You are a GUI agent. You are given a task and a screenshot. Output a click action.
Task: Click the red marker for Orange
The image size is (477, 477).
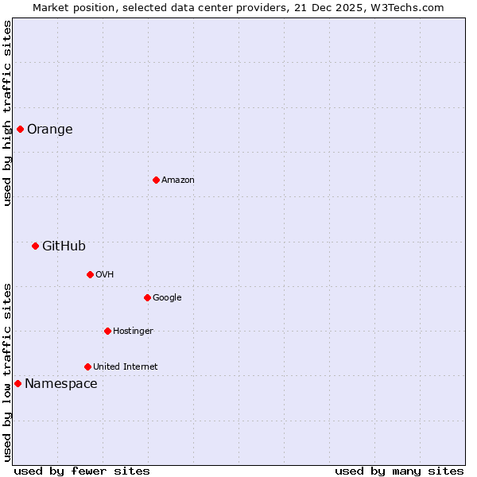(x=20, y=129)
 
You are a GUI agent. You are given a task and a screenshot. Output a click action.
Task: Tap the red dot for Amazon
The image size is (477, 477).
(x=156, y=180)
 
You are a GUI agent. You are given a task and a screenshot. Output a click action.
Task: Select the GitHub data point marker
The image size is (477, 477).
(x=35, y=246)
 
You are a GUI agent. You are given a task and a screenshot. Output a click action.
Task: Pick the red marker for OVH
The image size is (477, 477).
(x=90, y=274)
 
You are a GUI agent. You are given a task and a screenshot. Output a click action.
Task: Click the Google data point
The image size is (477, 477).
(x=147, y=297)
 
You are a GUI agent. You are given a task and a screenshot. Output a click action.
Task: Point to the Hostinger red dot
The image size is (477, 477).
(x=107, y=331)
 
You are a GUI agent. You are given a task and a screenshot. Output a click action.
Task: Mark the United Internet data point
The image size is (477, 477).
(x=87, y=366)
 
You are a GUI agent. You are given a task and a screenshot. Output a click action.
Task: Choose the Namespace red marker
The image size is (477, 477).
(x=17, y=383)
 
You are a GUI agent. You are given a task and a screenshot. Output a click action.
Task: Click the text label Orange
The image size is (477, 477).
(x=49, y=130)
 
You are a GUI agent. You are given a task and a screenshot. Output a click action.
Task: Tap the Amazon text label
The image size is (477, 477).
(x=177, y=180)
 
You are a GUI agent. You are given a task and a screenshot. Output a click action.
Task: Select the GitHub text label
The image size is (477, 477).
(x=64, y=246)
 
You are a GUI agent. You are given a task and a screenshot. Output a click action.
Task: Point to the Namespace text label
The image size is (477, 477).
(x=61, y=384)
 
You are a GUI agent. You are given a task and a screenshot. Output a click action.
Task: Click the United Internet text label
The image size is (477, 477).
(x=125, y=367)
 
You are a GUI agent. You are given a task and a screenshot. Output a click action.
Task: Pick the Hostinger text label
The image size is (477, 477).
(x=133, y=332)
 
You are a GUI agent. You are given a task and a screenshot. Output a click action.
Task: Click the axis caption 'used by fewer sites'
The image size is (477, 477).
(x=82, y=471)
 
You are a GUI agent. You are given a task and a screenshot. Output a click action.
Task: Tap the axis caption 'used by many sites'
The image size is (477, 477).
(x=398, y=471)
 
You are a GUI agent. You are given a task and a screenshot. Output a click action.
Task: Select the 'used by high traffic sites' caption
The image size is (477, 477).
(x=7, y=113)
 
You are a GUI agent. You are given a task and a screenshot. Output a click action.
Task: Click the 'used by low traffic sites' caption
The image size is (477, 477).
(x=7, y=372)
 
